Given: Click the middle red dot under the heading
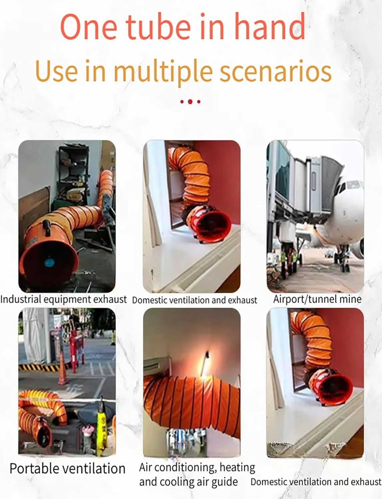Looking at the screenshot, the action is coord(190,101).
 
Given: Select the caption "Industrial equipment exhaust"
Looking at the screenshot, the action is coord(64,299).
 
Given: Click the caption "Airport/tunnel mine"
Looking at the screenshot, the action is coord(317,299).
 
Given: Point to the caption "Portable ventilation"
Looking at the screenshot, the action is coord(68,469).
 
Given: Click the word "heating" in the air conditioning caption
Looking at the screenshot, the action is coord(237,468).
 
